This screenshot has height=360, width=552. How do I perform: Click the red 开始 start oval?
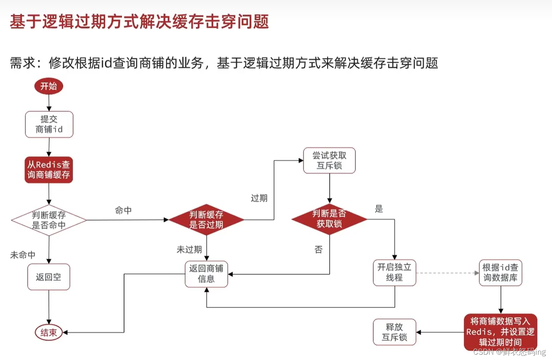[49, 86]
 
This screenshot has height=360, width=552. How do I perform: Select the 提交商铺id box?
[49, 124]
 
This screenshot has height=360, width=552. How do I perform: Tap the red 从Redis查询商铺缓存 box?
[49, 170]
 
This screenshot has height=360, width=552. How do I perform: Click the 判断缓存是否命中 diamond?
[49, 220]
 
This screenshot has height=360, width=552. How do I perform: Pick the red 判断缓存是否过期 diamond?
[206, 220]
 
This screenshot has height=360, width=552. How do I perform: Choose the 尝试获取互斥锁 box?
[329, 160]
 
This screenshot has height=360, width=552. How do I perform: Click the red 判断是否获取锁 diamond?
[329, 219]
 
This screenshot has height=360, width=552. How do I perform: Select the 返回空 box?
[49, 277]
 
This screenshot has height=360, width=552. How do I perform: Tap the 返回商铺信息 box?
[206, 273]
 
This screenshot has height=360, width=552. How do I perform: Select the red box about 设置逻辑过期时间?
[501, 331]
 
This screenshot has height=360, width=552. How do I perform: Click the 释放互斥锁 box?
[395, 332]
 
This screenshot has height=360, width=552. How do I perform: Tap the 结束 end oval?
[49, 333]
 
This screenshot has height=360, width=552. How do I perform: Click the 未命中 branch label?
[23, 255]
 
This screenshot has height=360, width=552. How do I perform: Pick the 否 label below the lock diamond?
[318, 249]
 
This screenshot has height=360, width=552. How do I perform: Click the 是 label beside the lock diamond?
[379, 209]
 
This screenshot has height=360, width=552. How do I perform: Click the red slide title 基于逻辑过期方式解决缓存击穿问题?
[140, 22]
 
